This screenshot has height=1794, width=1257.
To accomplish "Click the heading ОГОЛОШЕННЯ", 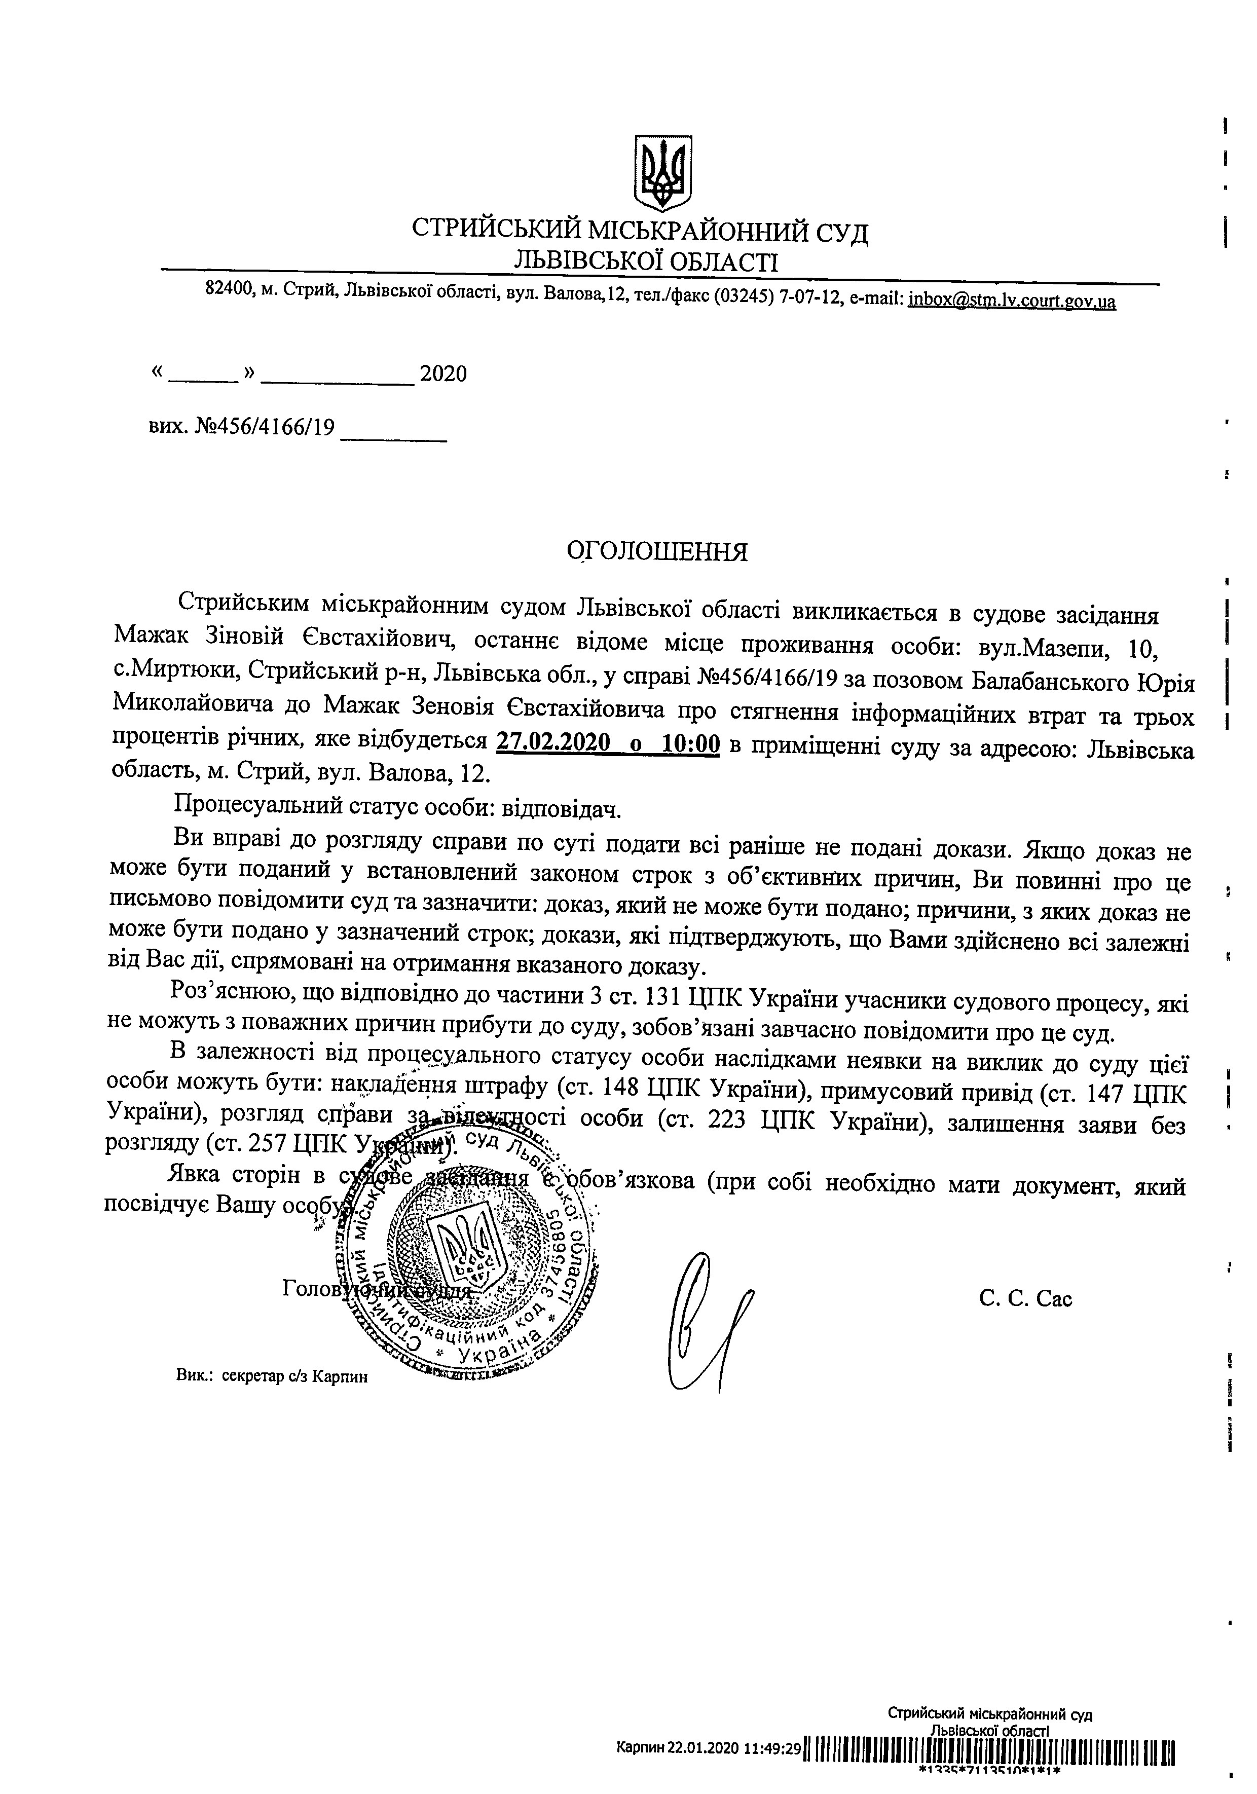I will [x=657, y=552].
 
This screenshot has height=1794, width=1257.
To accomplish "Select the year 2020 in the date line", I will [x=443, y=375].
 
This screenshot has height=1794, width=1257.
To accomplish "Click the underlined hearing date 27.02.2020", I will [x=552, y=743].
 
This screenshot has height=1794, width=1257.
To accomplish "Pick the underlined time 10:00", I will [x=690, y=743].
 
